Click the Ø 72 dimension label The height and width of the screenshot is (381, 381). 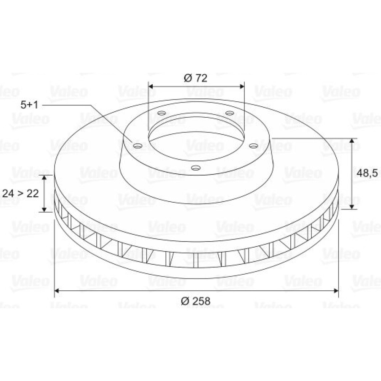tap(195, 78)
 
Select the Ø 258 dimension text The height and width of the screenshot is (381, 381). tap(195, 301)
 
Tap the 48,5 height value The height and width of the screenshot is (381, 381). tap(367, 173)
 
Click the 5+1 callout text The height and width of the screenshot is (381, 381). tap(29, 105)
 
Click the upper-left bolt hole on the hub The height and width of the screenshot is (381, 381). tap(162, 113)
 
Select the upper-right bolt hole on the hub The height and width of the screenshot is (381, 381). tap(229, 113)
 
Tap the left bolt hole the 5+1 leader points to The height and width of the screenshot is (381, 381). tap(138, 146)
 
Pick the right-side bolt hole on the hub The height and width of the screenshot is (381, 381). tap(254, 146)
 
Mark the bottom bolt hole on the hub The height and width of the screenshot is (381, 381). tap(195, 168)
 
